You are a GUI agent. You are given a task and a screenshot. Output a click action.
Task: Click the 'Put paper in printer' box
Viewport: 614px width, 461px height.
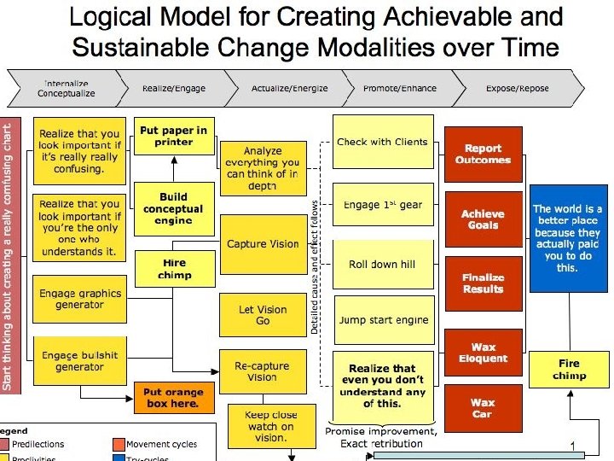[x=173, y=137]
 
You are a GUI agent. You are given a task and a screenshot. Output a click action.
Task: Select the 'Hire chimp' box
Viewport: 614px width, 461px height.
[x=173, y=268]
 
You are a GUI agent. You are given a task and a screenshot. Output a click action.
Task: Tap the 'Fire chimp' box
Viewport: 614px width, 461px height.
[x=569, y=370]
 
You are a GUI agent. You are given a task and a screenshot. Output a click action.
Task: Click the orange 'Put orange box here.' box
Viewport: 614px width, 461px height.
[x=172, y=398]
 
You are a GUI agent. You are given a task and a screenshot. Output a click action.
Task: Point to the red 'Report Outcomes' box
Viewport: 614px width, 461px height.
[x=483, y=154]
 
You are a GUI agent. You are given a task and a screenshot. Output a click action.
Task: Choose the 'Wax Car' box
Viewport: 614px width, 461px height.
[x=483, y=408]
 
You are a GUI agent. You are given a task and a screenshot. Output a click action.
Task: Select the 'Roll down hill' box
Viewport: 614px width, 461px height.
[x=381, y=265]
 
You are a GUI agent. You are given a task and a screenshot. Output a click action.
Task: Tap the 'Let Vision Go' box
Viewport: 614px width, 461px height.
[x=263, y=315]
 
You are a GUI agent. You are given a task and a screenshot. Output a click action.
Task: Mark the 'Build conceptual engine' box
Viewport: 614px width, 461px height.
[x=173, y=209]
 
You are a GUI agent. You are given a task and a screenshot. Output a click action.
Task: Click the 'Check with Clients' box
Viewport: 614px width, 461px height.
[x=382, y=143]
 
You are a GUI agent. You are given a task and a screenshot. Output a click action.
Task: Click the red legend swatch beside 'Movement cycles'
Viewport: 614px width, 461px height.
[x=119, y=444]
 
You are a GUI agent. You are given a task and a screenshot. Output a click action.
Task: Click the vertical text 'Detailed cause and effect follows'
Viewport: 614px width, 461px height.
[x=315, y=266]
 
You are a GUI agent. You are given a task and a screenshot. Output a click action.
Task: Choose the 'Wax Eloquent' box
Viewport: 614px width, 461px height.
[x=483, y=353]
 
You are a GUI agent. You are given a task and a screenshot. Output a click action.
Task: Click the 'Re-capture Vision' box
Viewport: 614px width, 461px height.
[x=262, y=371]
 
